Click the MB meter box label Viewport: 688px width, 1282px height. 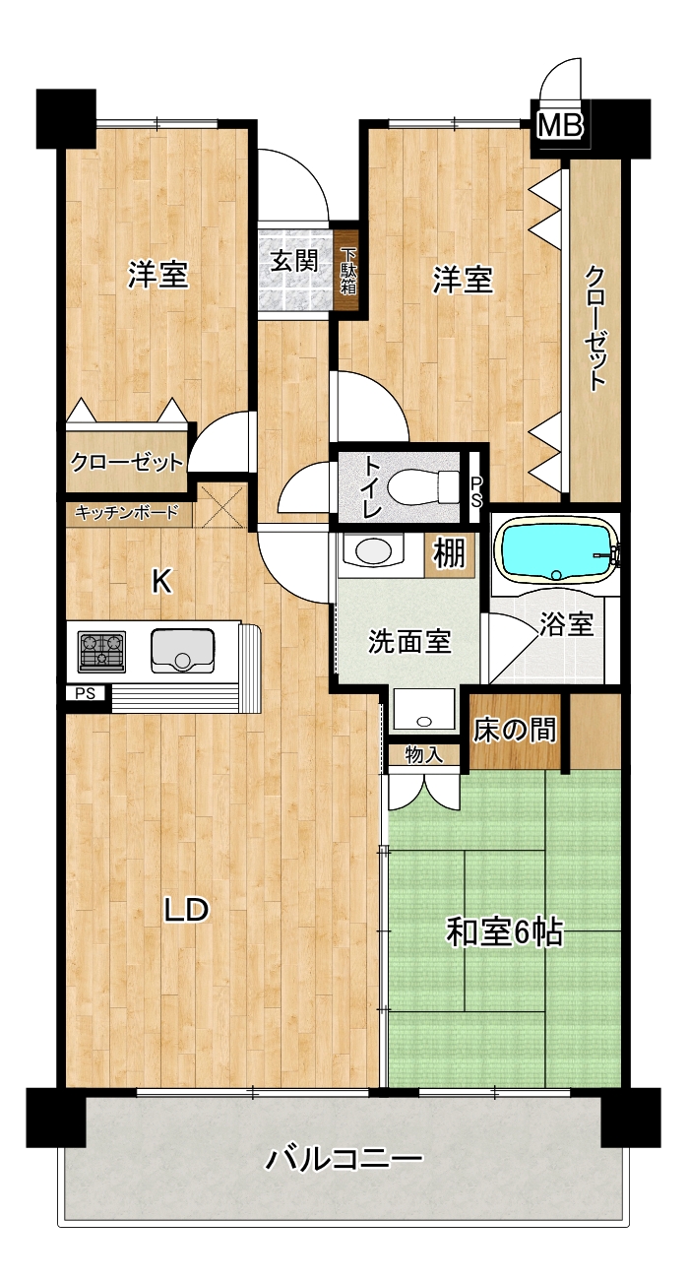click(x=560, y=125)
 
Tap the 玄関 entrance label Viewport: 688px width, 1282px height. click(x=294, y=262)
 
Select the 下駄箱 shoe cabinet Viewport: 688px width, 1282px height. click(x=348, y=270)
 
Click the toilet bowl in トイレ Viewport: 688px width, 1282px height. click(x=423, y=485)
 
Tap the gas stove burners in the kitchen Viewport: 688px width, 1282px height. click(x=101, y=652)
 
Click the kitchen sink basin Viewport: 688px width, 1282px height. click(x=182, y=651)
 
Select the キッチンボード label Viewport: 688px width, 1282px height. click(x=127, y=512)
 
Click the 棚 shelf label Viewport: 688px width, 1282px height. click(x=449, y=554)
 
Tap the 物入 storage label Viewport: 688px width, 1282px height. click(x=424, y=754)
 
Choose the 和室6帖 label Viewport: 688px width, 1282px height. click(x=504, y=932)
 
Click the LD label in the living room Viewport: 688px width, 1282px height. click(x=186, y=910)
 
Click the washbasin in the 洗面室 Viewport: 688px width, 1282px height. click(x=372, y=551)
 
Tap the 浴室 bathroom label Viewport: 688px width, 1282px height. click(x=565, y=624)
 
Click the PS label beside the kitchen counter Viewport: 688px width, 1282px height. click(x=85, y=694)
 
